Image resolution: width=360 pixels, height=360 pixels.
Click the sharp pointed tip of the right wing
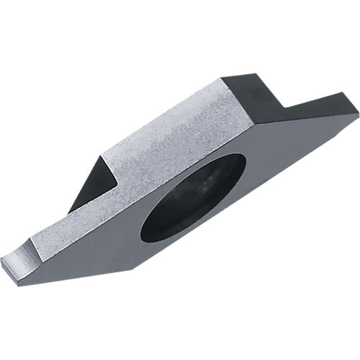[357, 112]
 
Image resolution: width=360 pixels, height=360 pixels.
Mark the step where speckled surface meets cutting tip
[35, 241]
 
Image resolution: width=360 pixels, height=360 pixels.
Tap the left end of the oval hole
[142, 229]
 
